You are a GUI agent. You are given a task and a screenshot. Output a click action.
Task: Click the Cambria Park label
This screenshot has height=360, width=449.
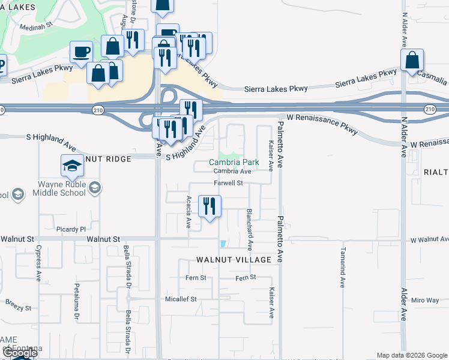(234, 162)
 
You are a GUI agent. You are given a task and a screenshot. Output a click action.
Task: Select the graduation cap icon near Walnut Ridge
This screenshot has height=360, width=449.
(72, 166)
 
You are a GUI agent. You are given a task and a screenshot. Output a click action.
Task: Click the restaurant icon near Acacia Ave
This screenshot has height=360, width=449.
(209, 206)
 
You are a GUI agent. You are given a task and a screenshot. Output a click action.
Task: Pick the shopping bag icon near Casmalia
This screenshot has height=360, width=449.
(412, 61)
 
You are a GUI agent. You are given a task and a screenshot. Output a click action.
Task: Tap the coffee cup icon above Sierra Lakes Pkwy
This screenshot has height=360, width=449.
(82, 52)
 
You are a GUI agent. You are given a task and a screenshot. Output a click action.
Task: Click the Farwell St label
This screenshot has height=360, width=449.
(228, 183)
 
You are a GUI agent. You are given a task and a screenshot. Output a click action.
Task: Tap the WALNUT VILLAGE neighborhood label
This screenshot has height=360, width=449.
(239, 260)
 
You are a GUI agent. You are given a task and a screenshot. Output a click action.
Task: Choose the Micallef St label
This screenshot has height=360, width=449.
(181, 299)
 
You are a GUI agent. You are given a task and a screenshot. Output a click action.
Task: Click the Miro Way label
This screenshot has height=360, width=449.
(426, 300)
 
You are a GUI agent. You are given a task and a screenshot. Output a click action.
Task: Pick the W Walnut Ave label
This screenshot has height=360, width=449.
(430, 240)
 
